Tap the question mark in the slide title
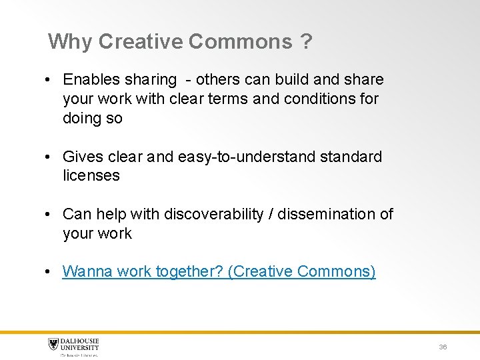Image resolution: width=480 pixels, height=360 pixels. [306, 43]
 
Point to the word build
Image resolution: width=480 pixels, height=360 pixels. [285, 80]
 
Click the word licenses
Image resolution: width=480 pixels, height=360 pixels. [91, 176]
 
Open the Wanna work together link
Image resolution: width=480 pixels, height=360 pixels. [219, 272]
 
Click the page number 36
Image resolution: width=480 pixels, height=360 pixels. [443, 347]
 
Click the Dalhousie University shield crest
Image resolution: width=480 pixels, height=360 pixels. [53, 345]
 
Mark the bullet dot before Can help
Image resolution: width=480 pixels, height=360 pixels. [49, 215]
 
